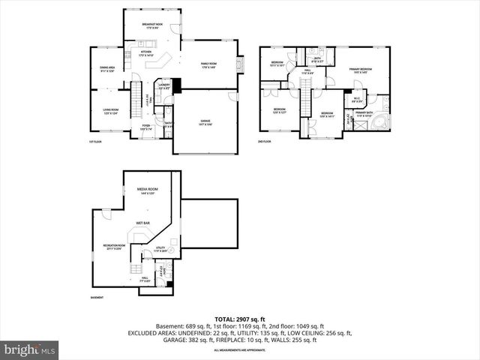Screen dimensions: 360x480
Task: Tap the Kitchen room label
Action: (146, 54)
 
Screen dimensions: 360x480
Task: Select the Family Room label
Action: (208, 65)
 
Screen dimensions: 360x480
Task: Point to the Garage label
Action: (205, 121)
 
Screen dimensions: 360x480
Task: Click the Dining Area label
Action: (107, 70)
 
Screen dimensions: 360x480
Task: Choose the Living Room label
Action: (110, 112)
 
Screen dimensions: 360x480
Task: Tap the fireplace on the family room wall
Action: (241, 65)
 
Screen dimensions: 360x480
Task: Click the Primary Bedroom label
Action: (361, 70)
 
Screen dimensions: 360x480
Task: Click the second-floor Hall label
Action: (307, 71)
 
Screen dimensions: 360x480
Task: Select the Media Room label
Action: (147, 190)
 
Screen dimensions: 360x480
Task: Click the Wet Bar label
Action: (142, 223)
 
